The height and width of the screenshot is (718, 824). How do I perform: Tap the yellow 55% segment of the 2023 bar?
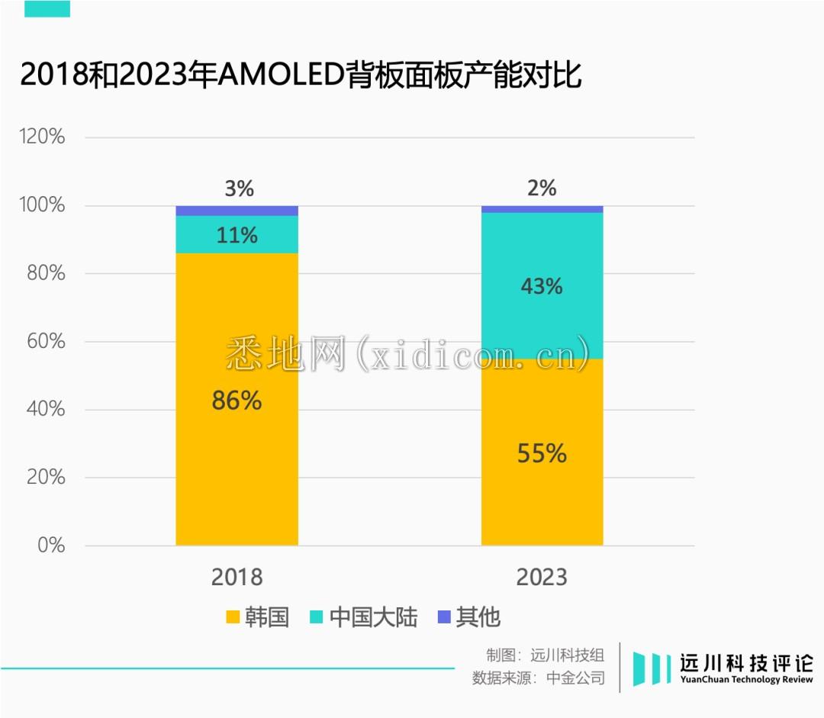542,488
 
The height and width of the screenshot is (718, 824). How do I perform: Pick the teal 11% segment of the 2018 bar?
237,235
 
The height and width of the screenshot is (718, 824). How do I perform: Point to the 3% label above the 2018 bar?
239,188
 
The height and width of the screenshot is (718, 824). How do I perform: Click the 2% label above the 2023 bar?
542,188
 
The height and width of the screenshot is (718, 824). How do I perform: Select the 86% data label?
237,401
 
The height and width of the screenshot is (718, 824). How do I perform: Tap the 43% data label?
542,286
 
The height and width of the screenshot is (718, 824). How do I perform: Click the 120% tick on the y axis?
42,137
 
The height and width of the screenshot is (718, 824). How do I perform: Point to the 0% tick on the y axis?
52,546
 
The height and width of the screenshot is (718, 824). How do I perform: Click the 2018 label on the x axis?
237,577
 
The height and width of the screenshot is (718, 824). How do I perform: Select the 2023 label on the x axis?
542,577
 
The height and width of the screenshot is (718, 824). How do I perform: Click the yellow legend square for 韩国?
232,617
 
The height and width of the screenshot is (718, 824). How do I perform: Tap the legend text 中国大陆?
373,617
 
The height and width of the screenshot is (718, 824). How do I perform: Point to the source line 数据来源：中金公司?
538,678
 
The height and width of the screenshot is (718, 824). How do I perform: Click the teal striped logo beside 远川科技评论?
652,668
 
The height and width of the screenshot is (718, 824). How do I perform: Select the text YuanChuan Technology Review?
746,680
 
